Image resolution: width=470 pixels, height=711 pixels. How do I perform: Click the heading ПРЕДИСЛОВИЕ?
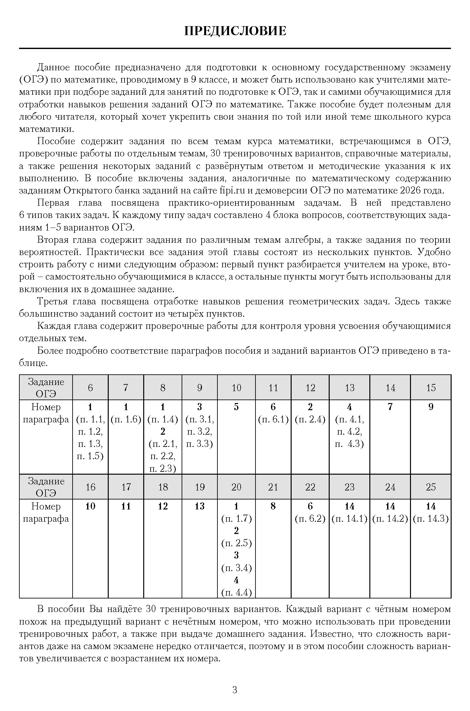(x=235, y=31)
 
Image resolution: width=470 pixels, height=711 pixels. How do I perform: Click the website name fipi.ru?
(x=232, y=191)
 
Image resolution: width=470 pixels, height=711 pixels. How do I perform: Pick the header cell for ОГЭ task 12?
(x=310, y=388)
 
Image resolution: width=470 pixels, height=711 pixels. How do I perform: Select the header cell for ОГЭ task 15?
(x=431, y=388)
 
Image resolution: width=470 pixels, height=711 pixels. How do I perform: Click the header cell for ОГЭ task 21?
(x=273, y=487)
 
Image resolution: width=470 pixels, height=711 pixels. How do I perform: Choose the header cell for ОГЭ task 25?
(x=431, y=487)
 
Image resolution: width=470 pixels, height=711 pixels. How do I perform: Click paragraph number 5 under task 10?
(x=236, y=407)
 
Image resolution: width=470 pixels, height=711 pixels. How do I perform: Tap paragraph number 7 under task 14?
(x=390, y=407)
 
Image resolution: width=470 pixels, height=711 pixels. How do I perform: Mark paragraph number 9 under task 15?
(x=431, y=407)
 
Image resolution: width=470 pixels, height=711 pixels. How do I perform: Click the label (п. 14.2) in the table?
(x=390, y=519)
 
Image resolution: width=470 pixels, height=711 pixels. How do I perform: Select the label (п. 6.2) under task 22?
(x=310, y=519)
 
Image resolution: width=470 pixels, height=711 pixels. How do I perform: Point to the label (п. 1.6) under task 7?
(x=126, y=420)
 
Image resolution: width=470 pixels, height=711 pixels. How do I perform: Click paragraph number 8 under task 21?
(x=273, y=506)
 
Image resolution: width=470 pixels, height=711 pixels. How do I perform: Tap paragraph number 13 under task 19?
(x=200, y=506)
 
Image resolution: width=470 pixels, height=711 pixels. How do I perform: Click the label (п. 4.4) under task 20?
(x=236, y=593)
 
